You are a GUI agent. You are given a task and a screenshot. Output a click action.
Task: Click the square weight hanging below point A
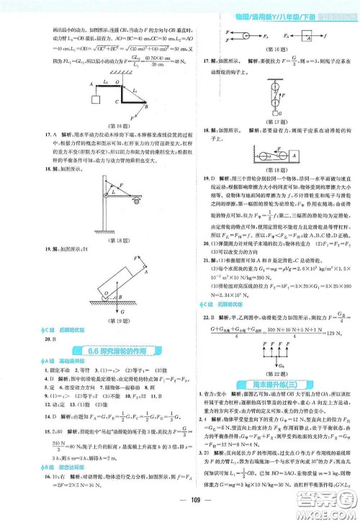point(95,98)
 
